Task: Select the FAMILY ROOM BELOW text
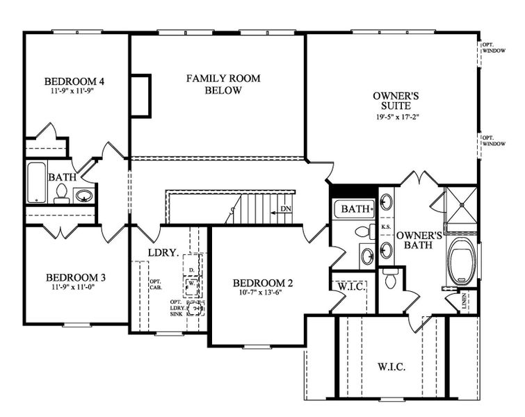(x=223, y=84)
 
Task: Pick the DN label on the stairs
(x=285, y=208)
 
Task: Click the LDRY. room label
(x=162, y=252)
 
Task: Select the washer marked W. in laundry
(x=191, y=284)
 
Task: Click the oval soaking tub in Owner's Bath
(x=460, y=262)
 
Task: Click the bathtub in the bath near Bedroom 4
(x=37, y=182)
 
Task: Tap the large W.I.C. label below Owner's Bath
(x=391, y=366)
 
